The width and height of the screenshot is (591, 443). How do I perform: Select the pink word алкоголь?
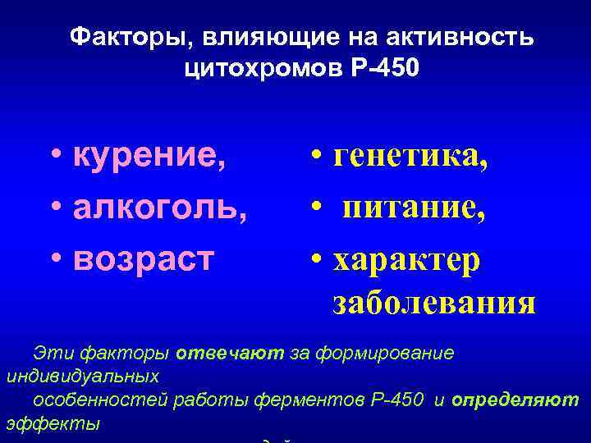161,206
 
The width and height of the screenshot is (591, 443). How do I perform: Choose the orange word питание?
414,206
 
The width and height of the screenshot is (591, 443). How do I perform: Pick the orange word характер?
407,258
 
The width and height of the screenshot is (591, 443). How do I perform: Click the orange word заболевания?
434,302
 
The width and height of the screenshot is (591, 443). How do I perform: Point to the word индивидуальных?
82,377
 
